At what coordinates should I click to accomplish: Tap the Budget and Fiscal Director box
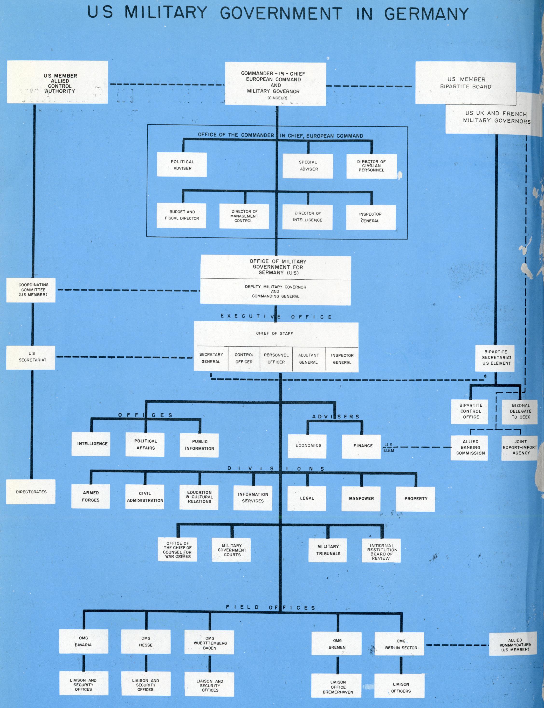[x=182, y=215]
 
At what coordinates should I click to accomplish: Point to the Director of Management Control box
[x=244, y=216]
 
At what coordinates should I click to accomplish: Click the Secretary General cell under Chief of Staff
[x=211, y=358]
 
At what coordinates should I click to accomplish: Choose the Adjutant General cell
[x=309, y=359]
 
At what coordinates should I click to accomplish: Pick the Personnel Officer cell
[x=276, y=359]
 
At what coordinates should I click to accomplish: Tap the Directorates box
[x=31, y=492]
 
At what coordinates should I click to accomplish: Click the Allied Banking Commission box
[x=470, y=447]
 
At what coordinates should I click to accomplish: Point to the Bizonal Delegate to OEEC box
[x=521, y=411]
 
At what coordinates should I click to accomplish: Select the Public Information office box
[x=200, y=445]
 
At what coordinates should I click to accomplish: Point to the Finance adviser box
[x=363, y=446]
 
